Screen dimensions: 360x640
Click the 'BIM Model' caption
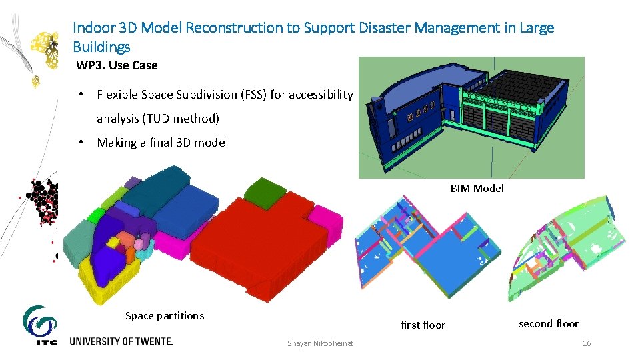point(477,189)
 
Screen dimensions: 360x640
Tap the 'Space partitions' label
point(165,316)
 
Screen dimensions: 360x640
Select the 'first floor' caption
point(423,325)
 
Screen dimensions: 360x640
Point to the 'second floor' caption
point(548,324)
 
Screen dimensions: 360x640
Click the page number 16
point(587,343)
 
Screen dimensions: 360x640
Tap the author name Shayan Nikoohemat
point(321,343)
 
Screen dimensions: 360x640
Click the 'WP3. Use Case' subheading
point(117,65)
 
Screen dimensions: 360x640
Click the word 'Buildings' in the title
point(101,47)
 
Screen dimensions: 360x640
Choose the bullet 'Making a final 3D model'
point(162,143)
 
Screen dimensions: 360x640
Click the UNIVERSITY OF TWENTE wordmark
point(121,341)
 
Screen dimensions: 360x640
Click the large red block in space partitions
point(267,247)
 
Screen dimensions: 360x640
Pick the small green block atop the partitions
point(263,192)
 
